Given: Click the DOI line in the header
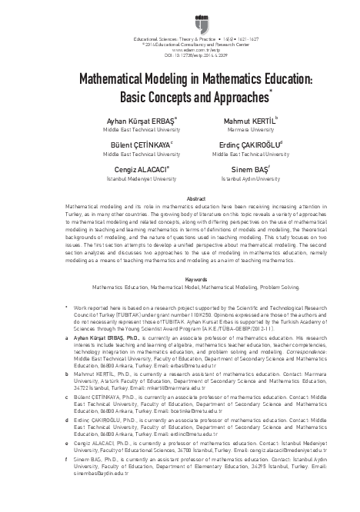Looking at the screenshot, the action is coord(179,57).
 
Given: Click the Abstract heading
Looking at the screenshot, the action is coord(179,199).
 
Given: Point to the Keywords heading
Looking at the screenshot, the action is coord(179,258).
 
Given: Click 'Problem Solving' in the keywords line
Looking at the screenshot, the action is coord(278,265).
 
